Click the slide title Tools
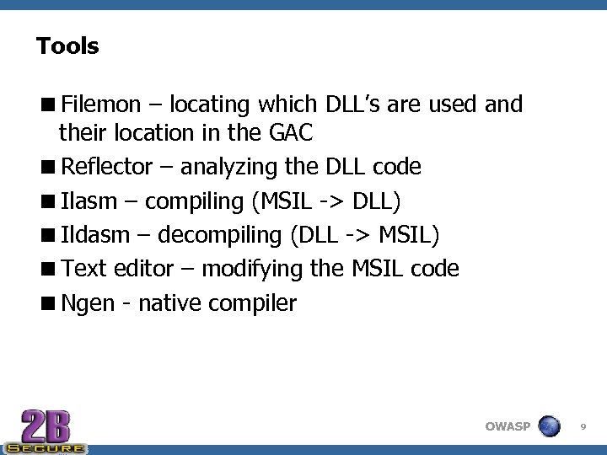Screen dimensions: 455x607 [67, 46]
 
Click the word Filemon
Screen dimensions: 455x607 [99, 105]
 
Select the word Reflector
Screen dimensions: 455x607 [106, 167]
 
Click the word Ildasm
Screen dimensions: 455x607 [95, 235]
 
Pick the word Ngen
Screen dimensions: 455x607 [88, 303]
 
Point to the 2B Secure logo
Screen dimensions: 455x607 [46, 431]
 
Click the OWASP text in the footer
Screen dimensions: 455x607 [508, 426]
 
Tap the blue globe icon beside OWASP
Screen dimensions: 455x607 [549, 426]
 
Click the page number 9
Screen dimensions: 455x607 [583, 427]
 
